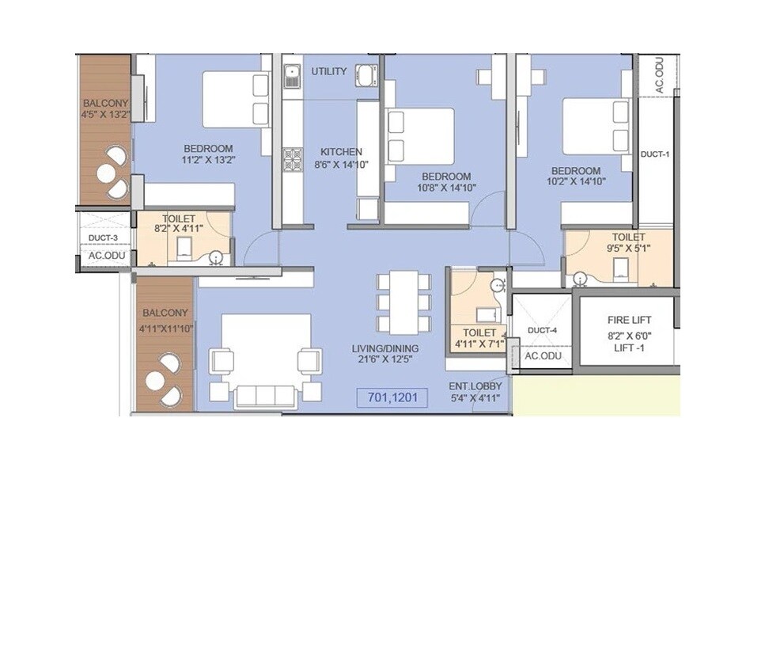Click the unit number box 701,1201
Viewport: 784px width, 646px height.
point(392,397)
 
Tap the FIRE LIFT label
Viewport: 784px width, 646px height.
point(630,320)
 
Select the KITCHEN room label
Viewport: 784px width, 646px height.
point(341,152)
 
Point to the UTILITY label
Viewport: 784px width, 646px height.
point(328,71)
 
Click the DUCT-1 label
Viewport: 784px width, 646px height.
point(655,154)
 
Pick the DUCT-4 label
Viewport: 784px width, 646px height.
point(542,330)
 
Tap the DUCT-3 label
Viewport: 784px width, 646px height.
point(103,237)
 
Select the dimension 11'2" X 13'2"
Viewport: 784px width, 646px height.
point(208,160)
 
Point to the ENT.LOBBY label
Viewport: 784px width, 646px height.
point(475,386)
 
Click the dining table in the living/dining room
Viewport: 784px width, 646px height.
point(404,302)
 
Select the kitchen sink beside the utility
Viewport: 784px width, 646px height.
point(292,77)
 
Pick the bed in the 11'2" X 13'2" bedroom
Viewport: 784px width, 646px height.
point(237,100)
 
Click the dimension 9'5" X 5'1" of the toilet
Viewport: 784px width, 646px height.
point(628,249)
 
